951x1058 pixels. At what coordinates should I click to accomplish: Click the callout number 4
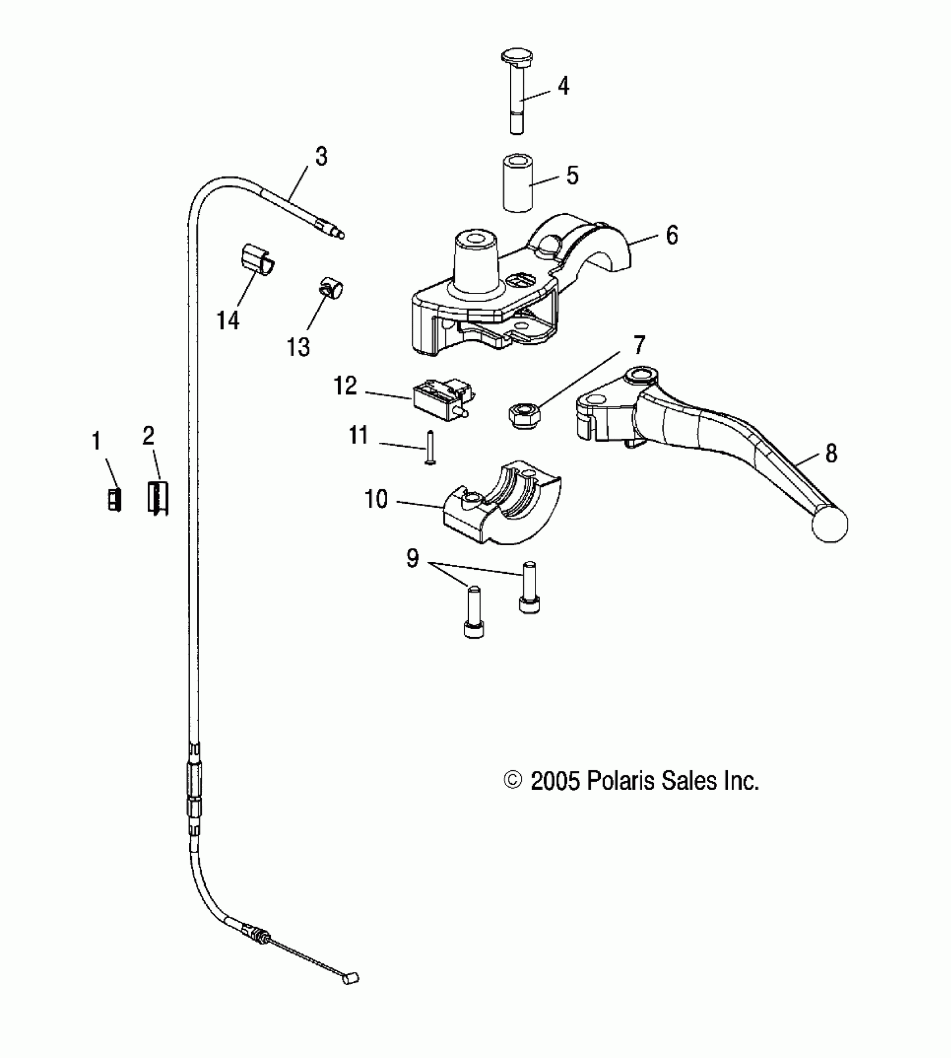click(x=563, y=86)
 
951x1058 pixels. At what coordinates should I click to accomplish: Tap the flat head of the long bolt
click(x=516, y=57)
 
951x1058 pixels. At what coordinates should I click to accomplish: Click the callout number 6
click(x=672, y=235)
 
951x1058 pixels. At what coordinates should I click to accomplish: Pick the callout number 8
click(x=831, y=453)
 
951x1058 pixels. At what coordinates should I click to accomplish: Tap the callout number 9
click(x=412, y=558)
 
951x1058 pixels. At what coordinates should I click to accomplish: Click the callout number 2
click(x=148, y=436)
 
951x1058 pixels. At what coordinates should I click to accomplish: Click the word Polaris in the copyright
click(x=622, y=780)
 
